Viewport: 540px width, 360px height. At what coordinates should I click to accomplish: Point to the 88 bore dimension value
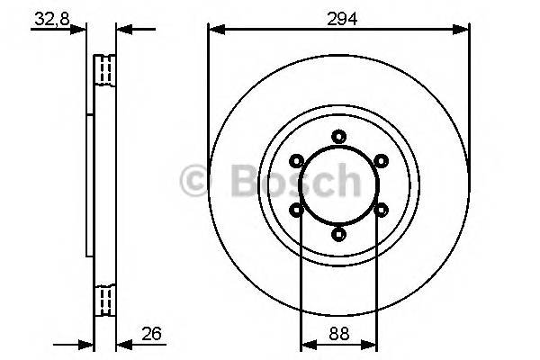338,331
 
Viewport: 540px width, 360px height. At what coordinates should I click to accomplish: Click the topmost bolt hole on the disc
338,137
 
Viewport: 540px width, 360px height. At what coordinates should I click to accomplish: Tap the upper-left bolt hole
296,161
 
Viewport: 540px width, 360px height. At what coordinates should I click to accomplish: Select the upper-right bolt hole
381,161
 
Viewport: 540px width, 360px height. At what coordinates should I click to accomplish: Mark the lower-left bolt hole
296,210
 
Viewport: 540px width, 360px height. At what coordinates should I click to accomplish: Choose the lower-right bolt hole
381,210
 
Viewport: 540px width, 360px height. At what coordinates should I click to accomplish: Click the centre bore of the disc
338,185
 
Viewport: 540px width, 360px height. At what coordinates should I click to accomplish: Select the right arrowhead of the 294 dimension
463,30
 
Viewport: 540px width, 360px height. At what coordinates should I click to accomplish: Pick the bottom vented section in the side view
105,299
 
